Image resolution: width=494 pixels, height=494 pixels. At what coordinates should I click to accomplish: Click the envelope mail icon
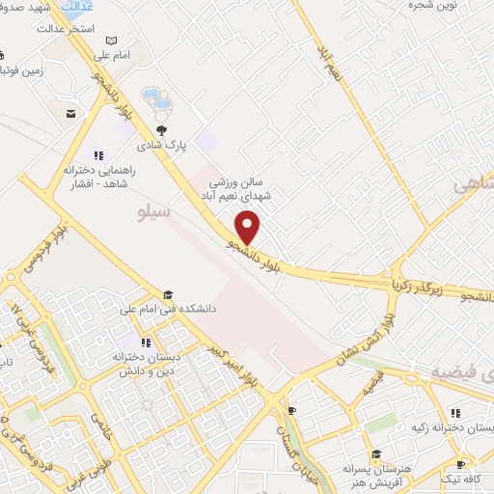[x=70, y=114]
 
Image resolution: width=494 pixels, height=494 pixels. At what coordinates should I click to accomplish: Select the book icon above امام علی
[x=112, y=41]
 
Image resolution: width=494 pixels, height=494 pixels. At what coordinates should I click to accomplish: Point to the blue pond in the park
[x=155, y=97]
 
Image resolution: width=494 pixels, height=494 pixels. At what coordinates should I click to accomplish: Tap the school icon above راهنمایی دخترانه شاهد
[x=96, y=153]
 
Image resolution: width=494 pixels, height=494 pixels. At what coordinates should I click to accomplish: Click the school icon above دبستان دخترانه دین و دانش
[x=145, y=342]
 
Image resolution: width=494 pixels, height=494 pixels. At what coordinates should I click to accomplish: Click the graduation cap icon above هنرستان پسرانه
[x=377, y=453]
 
